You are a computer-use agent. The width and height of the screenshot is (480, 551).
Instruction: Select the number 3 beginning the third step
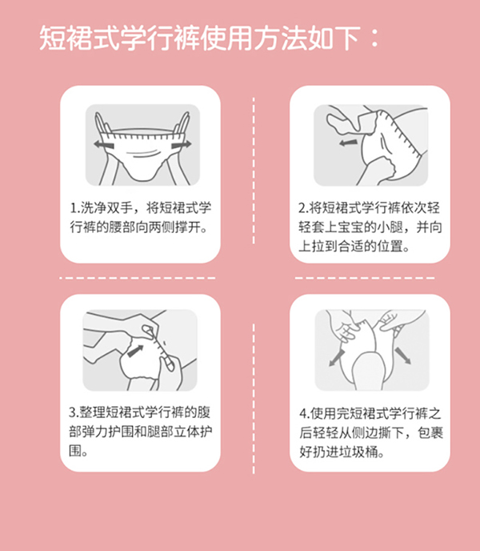point(74,413)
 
